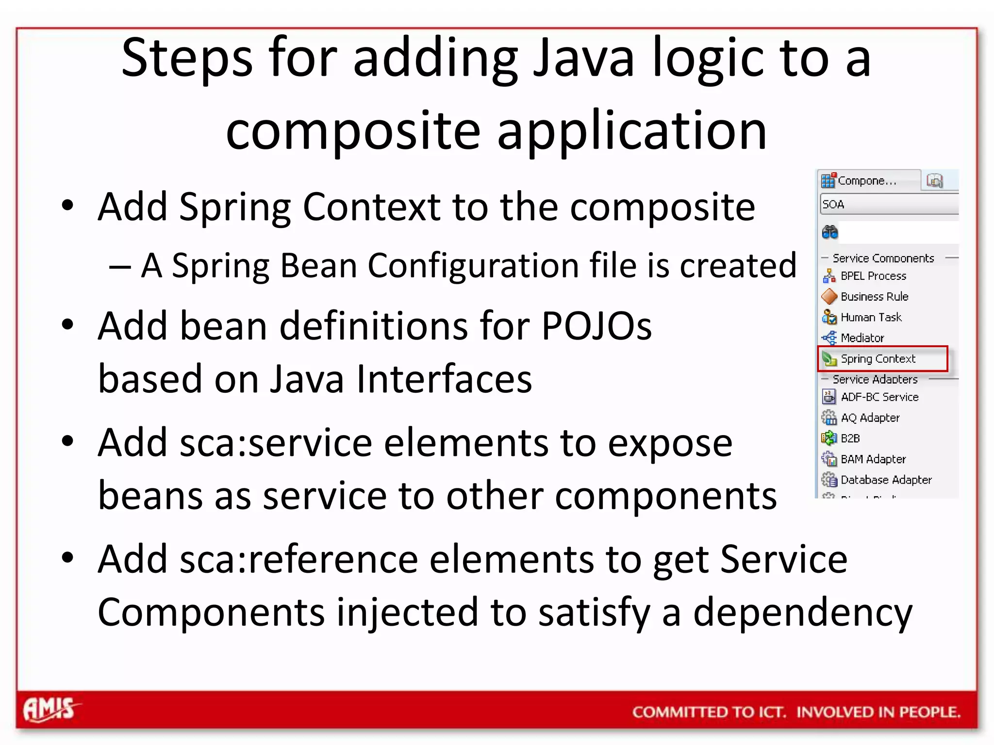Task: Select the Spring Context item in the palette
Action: coord(877,359)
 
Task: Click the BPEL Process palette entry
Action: coord(873,276)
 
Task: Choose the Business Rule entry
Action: coord(874,296)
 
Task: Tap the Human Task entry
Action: coord(871,317)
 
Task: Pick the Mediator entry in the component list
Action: coord(862,338)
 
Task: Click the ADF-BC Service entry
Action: coord(879,397)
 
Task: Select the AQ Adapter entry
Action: coord(870,418)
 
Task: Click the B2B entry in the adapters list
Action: coord(850,438)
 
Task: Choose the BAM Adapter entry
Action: coord(873,459)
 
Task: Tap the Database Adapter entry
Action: coord(886,480)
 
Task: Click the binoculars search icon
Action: coord(829,232)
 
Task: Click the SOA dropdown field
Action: coord(888,204)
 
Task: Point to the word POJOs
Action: coord(596,326)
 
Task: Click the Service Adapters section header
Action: coord(875,379)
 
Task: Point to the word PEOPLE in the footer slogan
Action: coord(929,712)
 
